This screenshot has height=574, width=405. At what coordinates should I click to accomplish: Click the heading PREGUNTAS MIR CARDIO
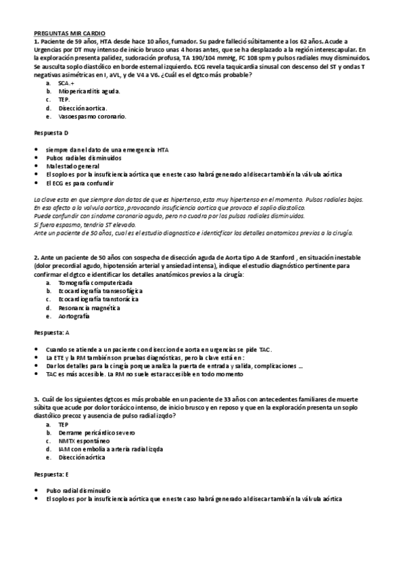point(64,32)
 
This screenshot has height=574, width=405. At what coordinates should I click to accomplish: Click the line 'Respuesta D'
point(51,133)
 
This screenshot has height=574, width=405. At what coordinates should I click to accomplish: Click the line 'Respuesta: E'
point(52,474)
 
